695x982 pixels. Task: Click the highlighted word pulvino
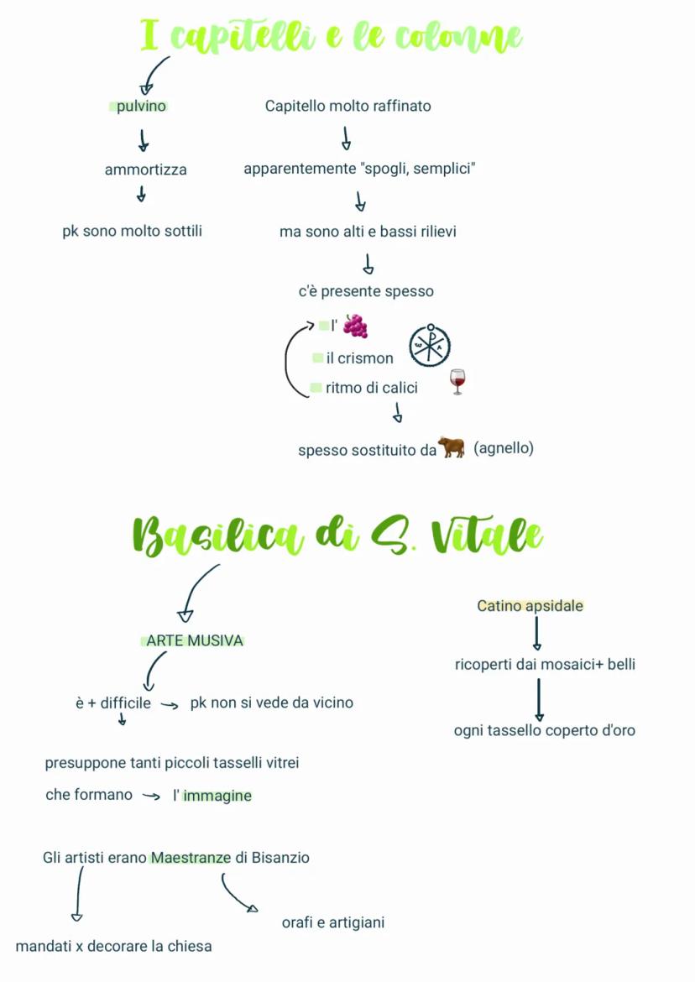point(140,107)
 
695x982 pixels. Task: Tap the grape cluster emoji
point(355,326)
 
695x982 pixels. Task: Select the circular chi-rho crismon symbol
point(430,345)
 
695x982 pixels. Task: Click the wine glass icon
point(457,382)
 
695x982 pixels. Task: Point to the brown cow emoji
point(451,447)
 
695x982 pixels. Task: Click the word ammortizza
point(145,170)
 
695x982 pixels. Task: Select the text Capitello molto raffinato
point(347,106)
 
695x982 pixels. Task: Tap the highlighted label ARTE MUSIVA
point(194,640)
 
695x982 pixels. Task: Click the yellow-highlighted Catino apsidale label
point(530,605)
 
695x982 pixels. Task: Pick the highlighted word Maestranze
point(191,858)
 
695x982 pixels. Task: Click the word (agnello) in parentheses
point(504,448)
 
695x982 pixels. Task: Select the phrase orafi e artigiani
point(333,922)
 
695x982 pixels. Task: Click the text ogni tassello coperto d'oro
point(544,730)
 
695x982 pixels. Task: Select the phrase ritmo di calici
point(371,388)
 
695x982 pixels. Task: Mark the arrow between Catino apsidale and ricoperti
point(537,634)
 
